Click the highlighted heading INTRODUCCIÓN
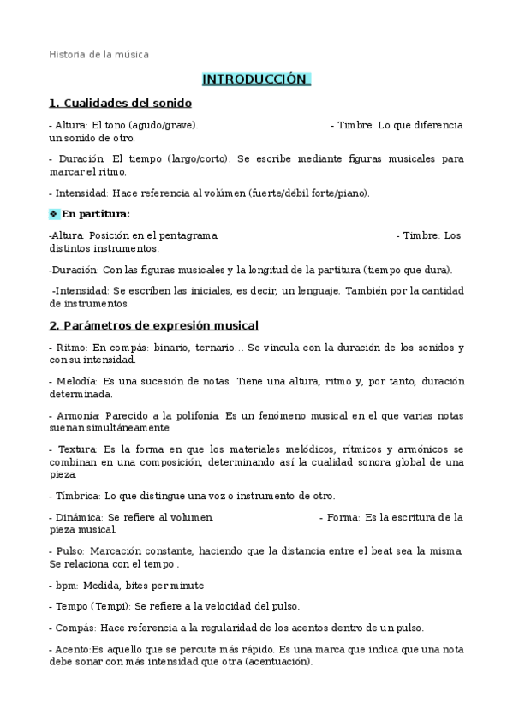click(255, 80)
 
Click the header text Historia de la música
click(98, 54)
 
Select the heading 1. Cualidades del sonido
click(120, 104)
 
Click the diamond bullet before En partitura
click(54, 214)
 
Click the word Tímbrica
click(77, 496)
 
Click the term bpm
click(65, 586)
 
